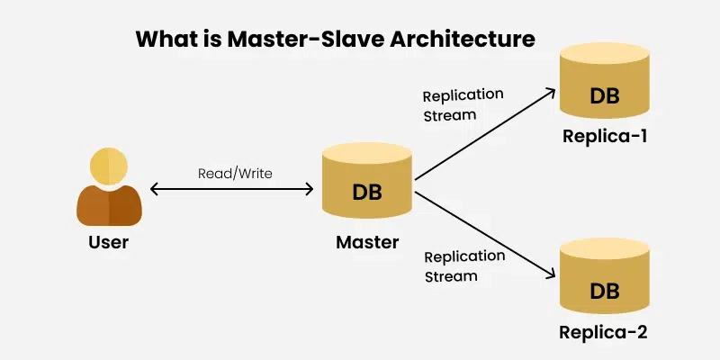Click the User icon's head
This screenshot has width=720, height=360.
(x=110, y=165)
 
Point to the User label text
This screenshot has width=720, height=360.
(x=109, y=241)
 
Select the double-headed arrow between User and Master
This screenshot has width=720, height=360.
(x=231, y=189)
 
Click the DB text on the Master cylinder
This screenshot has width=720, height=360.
(x=367, y=191)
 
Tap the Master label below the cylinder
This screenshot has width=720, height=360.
(x=367, y=241)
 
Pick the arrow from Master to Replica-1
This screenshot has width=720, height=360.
(x=484, y=132)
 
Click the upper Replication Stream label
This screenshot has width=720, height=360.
(x=463, y=104)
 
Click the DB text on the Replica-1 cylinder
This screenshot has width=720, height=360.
(x=604, y=95)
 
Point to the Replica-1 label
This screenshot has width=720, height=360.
(x=604, y=138)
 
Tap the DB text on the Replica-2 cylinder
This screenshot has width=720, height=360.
(x=604, y=290)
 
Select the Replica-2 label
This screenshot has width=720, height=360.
(x=604, y=333)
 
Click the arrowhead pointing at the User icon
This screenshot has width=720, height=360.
(x=155, y=189)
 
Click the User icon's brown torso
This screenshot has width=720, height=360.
(x=110, y=205)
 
